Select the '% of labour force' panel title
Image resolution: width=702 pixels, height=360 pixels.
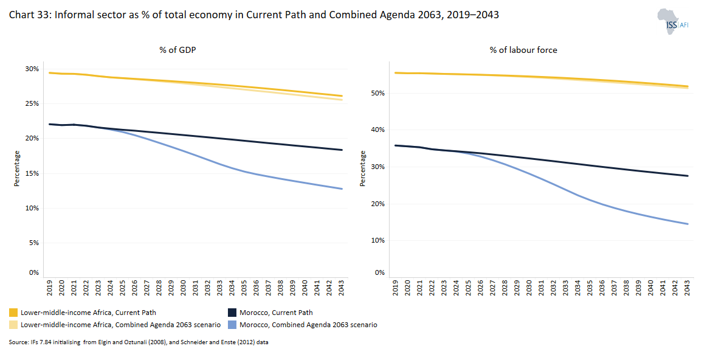[x=523, y=50]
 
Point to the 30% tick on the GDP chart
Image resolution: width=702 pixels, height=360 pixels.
[x=32, y=69]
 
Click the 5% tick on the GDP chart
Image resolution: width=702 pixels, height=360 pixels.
[x=34, y=243]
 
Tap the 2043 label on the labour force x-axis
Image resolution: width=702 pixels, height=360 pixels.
[x=687, y=288]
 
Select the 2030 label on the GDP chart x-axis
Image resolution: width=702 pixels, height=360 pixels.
[x=183, y=288]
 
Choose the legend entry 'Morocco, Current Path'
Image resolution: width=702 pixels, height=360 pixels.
[x=276, y=313]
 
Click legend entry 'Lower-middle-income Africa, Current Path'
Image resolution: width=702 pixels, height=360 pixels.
[x=88, y=313]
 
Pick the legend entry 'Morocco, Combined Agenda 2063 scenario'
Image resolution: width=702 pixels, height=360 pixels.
[x=308, y=325]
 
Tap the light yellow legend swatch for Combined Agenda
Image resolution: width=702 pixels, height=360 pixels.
[x=13, y=325]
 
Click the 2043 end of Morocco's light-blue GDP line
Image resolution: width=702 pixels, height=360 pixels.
[x=342, y=189]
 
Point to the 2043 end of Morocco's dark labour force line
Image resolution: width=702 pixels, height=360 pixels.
[x=687, y=176]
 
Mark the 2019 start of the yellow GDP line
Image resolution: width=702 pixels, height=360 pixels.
[x=50, y=73]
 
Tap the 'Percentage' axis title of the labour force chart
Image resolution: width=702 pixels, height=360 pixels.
[x=363, y=168]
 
